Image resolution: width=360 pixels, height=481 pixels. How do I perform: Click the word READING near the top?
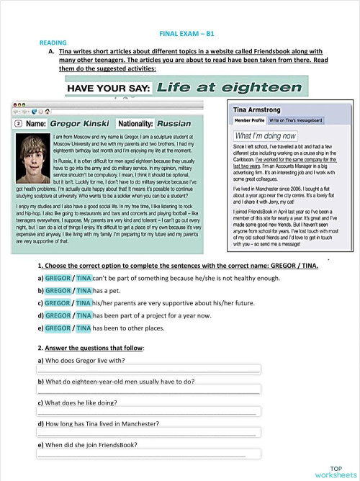(x=52, y=43)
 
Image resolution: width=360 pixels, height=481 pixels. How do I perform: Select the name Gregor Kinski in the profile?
(x=81, y=124)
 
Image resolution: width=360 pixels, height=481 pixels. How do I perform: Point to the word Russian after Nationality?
(x=174, y=124)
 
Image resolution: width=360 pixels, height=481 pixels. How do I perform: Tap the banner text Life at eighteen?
(x=228, y=88)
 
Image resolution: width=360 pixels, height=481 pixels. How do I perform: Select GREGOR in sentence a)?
(x=58, y=277)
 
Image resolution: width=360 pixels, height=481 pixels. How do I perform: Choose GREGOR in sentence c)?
(x=58, y=303)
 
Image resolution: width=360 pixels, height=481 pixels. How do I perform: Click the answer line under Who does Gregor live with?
(x=148, y=369)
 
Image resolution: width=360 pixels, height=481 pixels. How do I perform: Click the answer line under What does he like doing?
(x=148, y=413)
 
